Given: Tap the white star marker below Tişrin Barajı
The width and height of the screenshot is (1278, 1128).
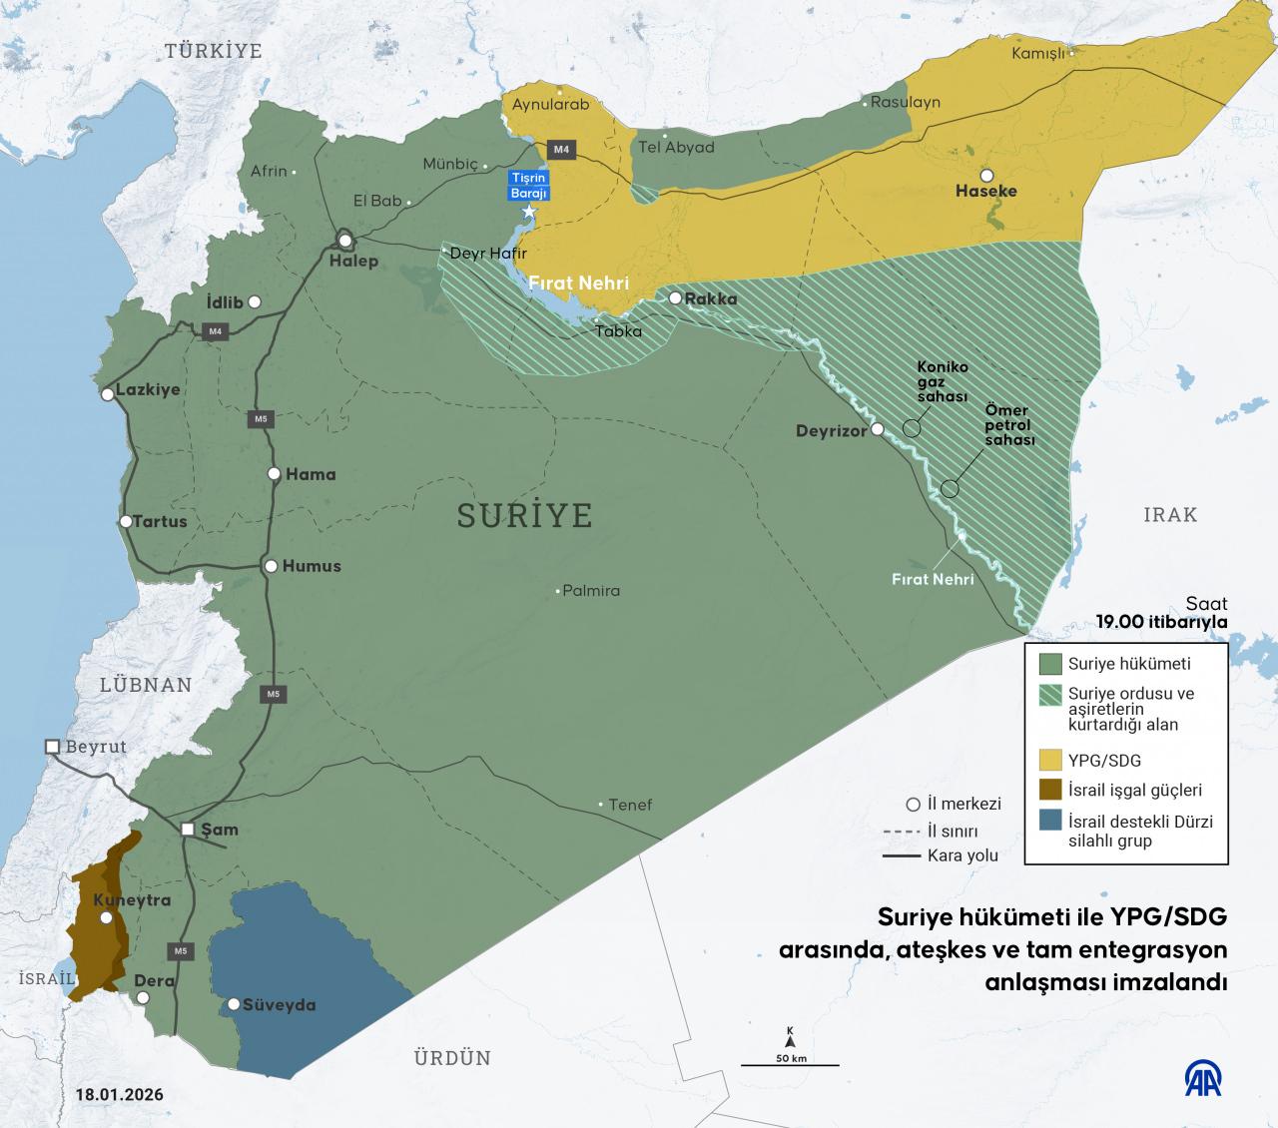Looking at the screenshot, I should pyautogui.click(x=529, y=213).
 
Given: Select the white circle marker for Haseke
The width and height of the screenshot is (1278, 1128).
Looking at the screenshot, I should pyautogui.click(x=986, y=174).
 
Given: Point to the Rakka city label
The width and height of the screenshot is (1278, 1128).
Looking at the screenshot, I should pyautogui.click(x=711, y=298).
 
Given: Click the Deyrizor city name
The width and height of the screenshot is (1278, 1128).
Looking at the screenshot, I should pyautogui.click(x=831, y=431).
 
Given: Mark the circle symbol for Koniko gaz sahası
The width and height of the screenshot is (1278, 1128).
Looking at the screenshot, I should pyautogui.click(x=912, y=427).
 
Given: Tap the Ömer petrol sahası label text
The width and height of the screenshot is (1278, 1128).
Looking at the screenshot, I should pyautogui.click(x=1009, y=424).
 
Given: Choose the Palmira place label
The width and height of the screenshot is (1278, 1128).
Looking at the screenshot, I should pyautogui.click(x=591, y=590).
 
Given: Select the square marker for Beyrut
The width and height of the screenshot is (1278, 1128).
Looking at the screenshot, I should pyautogui.click(x=52, y=747).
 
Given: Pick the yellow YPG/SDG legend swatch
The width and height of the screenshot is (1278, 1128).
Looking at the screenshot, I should pyautogui.click(x=1049, y=760).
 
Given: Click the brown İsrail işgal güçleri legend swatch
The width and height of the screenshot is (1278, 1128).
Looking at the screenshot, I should pyautogui.click(x=1049, y=790).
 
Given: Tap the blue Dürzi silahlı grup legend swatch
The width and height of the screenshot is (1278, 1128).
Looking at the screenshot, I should pyautogui.click(x=1049, y=822).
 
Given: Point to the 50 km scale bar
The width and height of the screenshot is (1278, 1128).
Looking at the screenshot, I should pyautogui.click(x=790, y=1065).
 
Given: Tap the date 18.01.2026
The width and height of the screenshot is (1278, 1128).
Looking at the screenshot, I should pyautogui.click(x=119, y=1094).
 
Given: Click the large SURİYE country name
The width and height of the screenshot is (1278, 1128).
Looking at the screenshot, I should pyautogui.click(x=524, y=515).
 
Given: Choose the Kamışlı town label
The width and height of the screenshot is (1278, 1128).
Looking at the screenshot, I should pyautogui.click(x=1038, y=54).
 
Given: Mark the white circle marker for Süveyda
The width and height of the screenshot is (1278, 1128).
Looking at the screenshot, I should pyautogui.click(x=234, y=1004).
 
